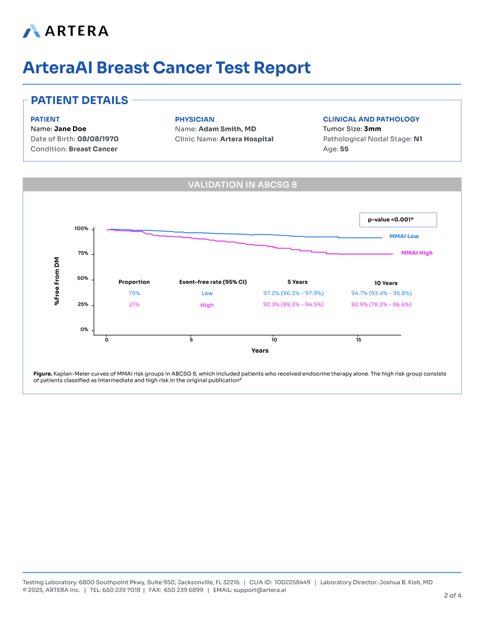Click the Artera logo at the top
(x=65, y=31)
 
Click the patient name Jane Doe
(x=70, y=129)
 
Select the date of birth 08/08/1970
(x=98, y=139)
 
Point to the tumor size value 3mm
(x=372, y=129)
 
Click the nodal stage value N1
(x=418, y=139)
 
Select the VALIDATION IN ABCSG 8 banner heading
(x=242, y=185)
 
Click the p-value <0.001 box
(x=398, y=220)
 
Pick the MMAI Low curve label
(x=404, y=236)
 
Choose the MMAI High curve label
(x=416, y=253)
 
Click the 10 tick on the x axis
(x=274, y=340)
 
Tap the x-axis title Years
(x=260, y=350)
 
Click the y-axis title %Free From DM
(x=58, y=281)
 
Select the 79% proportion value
(x=134, y=293)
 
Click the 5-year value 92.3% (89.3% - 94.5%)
(x=293, y=305)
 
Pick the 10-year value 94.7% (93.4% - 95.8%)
(x=381, y=293)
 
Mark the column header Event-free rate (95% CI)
(x=213, y=282)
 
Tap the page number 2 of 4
(x=453, y=595)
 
